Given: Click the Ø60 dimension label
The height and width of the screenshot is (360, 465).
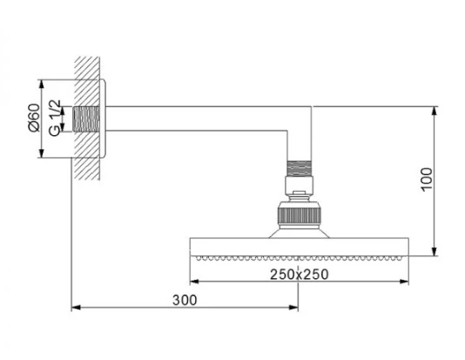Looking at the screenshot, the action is pos(34,118).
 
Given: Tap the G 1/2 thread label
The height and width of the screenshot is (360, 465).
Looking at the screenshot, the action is pos(55,119).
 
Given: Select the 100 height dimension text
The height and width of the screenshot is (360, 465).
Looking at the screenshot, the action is pos(427,180).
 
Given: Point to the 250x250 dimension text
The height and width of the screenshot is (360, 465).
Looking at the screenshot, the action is pos(299,275).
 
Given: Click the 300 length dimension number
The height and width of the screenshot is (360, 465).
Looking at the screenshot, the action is pos(185,300).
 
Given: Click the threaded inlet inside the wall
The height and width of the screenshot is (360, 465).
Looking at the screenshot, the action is pos(86,119).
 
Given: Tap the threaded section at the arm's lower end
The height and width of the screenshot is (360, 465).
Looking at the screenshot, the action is pos(300,168).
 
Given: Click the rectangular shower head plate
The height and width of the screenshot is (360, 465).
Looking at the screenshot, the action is pos(300,247).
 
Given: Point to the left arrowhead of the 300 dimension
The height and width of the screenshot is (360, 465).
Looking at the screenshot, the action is pos(76,308).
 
